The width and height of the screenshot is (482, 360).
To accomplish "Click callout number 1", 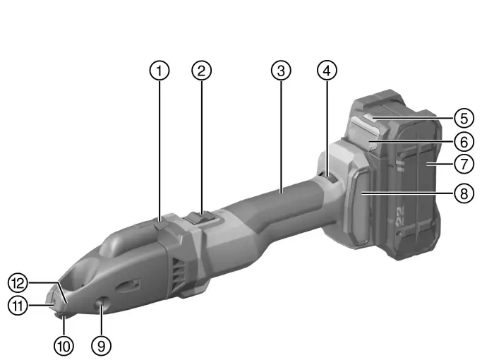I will coord(160,70).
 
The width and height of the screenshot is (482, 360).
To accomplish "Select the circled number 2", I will coord(203,70).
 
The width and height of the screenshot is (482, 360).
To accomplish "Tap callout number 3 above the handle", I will coord(281,70).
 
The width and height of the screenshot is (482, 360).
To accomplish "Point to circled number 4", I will coord(327,70).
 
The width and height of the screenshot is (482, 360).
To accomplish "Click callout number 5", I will coord(463,116).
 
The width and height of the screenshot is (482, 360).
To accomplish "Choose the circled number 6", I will coord(463,140).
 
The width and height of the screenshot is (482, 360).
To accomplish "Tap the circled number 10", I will coord(64,345).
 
